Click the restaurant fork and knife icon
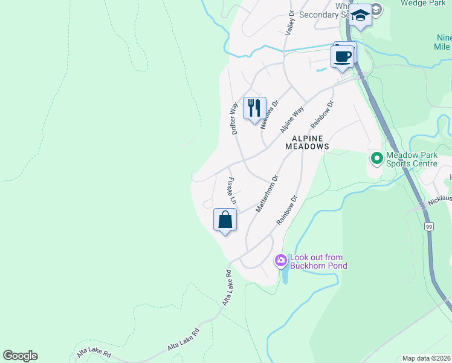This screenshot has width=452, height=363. (x=254, y=108)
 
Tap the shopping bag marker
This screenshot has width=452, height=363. (x=225, y=219)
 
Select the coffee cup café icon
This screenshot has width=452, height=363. (x=343, y=57)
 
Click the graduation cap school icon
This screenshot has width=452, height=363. (x=360, y=15)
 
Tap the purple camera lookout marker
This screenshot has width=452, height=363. (x=281, y=261)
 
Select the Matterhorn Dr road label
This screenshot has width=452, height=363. (x=266, y=194)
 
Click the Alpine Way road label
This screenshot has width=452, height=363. (x=291, y=120)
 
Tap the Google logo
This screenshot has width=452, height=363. (x=20, y=356)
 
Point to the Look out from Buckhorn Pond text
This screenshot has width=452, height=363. (x=316, y=261)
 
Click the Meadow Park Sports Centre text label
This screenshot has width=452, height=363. (x=412, y=159)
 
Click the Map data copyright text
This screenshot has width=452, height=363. (x=426, y=358)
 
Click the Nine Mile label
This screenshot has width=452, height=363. (x=444, y=42)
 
